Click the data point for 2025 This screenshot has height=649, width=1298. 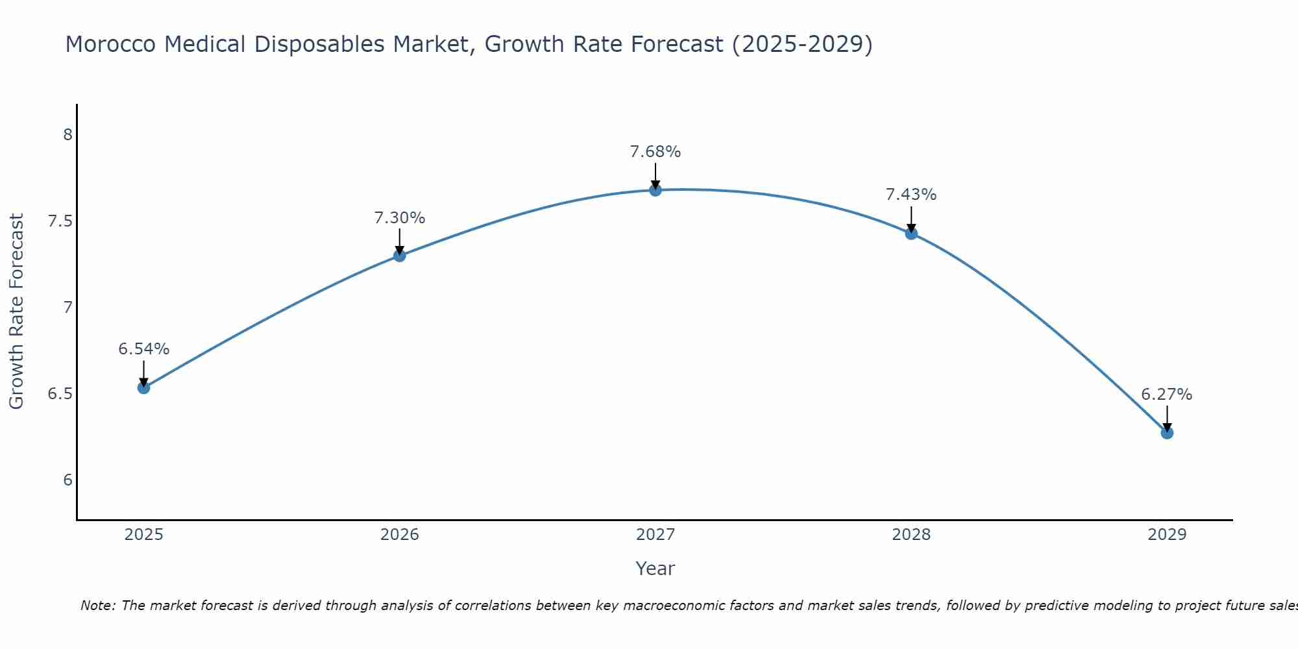[143, 387]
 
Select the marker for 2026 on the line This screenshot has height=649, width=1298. [399, 256]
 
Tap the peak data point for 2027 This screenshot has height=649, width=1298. [655, 190]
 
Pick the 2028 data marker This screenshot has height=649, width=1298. [911, 234]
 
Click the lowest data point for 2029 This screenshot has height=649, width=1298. [1167, 433]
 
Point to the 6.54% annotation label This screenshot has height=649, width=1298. [143, 349]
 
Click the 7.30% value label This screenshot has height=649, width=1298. [399, 218]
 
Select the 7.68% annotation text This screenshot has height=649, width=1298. [655, 152]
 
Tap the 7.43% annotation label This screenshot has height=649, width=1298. [911, 195]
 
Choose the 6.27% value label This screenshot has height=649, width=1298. [1166, 395]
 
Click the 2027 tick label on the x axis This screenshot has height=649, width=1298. [655, 535]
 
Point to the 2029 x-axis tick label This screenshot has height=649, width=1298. [1167, 535]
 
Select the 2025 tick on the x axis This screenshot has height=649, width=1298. [143, 535]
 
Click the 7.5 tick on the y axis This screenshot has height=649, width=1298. [60, 221]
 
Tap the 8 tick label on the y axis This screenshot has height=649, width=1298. [67, 135]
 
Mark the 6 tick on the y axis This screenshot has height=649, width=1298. [67, 480]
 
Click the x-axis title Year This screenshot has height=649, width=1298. [655, 569]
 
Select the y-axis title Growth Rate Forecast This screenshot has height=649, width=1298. [16, 312]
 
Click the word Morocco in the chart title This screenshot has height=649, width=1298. [110, 44]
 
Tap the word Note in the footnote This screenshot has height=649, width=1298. [97, 606]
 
